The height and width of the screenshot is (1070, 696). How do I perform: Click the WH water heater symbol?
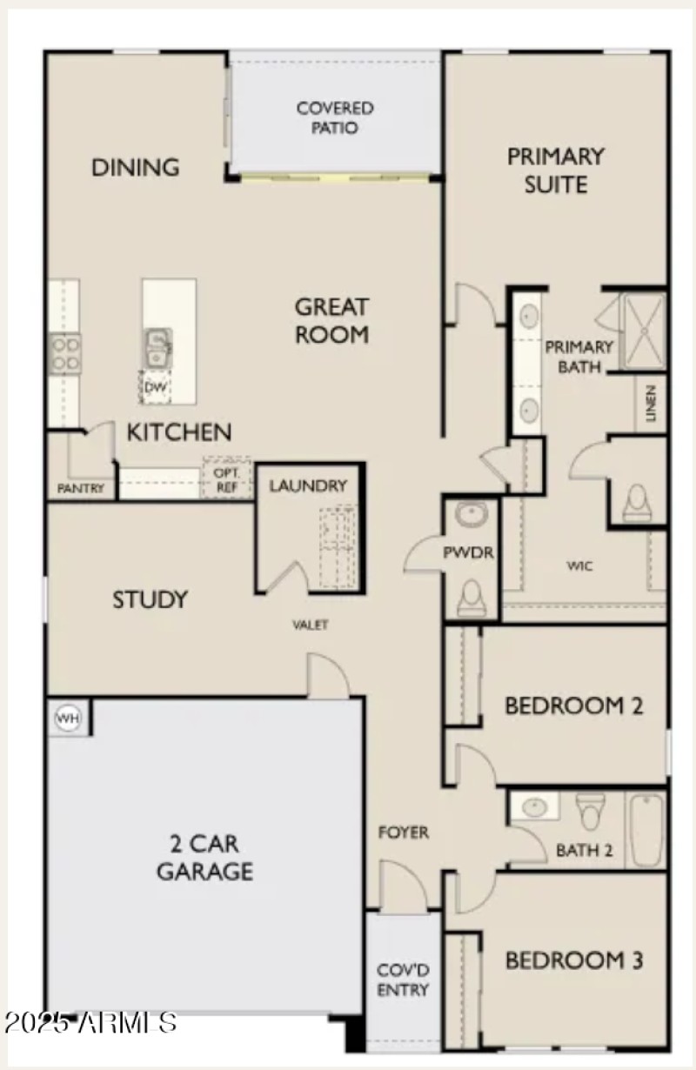tap(67, 718)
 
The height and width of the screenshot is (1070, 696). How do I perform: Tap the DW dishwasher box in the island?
tap(155, 386)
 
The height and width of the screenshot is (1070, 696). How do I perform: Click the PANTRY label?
tap(81, 488)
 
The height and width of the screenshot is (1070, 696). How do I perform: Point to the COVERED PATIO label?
tap(335, 118)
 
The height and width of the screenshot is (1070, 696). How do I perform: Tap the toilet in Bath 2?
tap(589, 811)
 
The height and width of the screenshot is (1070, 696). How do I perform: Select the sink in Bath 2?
tap(532, 807)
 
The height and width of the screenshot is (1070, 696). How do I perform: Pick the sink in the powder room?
tap(471, 515)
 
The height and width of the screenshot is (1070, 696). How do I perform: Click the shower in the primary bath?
tap(645, 331)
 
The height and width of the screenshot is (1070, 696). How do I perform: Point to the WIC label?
tap(580, 566)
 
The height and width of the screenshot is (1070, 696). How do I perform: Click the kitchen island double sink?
tap(157, 347)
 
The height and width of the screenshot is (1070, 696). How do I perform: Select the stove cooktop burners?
tap(64, 353)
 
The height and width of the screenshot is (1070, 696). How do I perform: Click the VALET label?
tap(311, 625)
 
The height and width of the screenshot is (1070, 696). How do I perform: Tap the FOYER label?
tap(403, 833)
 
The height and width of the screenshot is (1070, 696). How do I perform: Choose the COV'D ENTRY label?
tap(403, 979)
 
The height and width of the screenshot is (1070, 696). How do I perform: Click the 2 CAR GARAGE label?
tap(204, 857)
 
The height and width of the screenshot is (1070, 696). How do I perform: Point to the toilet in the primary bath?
tap(638, 499)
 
